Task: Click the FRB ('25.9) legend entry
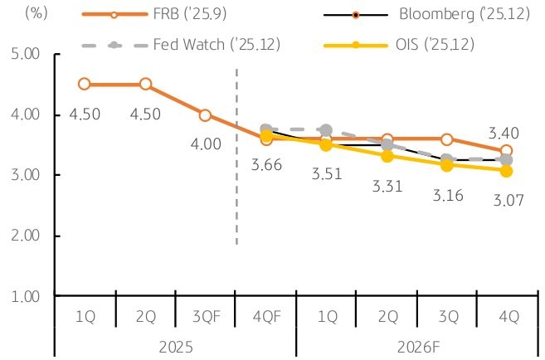click(170, 14)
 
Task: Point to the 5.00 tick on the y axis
click(27, 55)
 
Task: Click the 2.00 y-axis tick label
click(27, 236)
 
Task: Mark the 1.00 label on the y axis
click(27, 296)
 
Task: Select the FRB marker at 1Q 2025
click(85, 84)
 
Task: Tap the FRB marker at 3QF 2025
click(205, 114)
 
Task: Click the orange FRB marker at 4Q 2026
click(506, 151)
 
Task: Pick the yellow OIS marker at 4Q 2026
click(506, 171)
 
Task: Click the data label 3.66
click(265, 165)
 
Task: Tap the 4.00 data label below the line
click(206, 144)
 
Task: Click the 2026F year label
click(416, 345)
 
